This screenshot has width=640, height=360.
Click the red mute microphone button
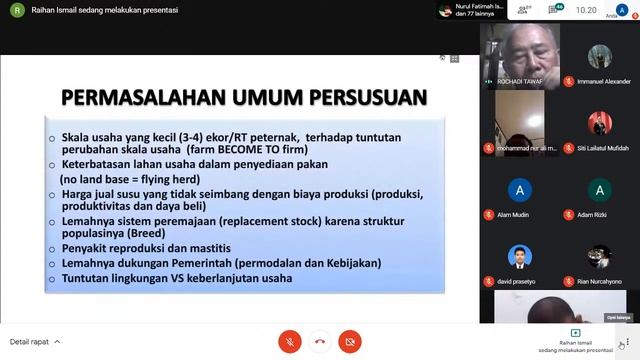291,341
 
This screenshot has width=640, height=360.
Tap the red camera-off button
349,341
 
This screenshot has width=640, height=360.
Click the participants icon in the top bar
519,11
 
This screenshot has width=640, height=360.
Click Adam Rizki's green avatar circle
599,189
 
